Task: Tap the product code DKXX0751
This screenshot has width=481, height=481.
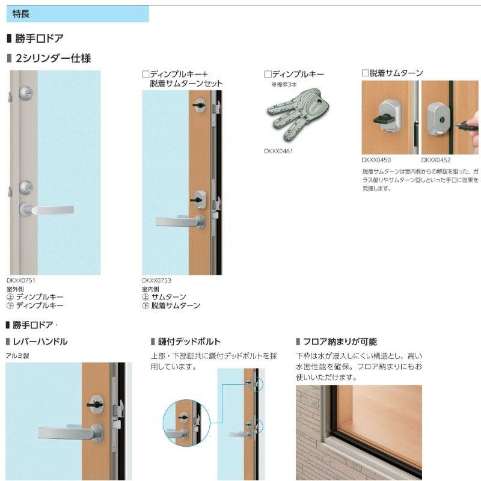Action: point(22,280)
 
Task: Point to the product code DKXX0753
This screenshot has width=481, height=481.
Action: point(157,280)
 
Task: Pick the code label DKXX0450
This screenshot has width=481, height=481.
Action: point(376,161)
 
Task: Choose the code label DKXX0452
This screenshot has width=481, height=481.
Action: point(436,161)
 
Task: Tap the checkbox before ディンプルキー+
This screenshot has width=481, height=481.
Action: point(146,74)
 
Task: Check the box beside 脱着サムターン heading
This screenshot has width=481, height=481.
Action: point(365,73)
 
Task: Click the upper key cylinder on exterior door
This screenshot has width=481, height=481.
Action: point(26,93)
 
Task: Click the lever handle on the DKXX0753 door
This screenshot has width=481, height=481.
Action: point(179,221)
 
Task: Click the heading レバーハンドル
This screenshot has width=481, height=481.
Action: point(40,342)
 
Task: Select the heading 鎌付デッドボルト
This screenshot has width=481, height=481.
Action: point(188,342)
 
